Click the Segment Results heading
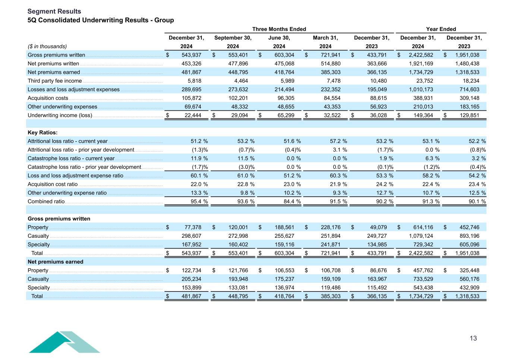pos(54,12)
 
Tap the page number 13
pos(473,338)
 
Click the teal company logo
pos(64,342)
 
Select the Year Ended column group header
pos(441,29)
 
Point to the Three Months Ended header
pos(279,29)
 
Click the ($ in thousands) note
pos(47,47)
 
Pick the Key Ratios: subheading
pos(43,133)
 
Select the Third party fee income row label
pos(54,81)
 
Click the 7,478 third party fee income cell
pos(332,81)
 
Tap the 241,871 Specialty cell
pos(330,244)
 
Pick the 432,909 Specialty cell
pos(469,288)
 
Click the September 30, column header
pos(233,38)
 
